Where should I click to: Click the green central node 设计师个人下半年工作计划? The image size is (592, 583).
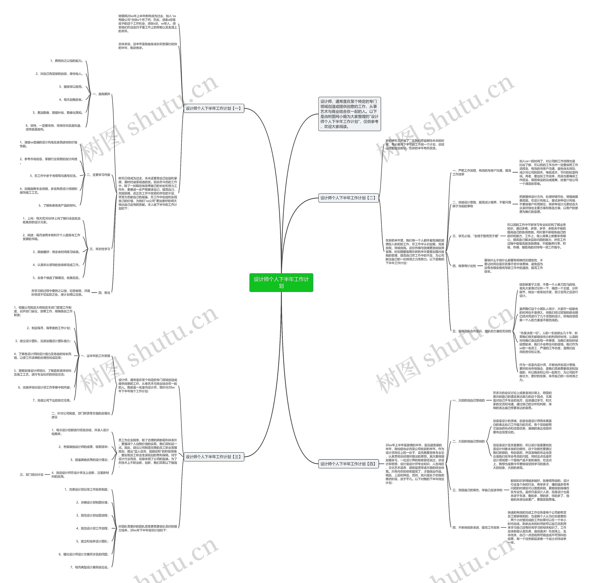tap(281, 282)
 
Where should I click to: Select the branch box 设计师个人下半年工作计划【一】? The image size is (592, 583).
tap(214, 109)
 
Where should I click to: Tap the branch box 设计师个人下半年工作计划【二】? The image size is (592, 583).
tap(348, 198)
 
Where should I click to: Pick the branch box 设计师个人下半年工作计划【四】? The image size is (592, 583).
tap(348, 464)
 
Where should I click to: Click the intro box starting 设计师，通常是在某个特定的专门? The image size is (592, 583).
tap(349, 114)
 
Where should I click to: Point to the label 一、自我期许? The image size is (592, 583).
tap(101, 94)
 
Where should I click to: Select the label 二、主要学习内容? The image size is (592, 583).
tap(98, 175)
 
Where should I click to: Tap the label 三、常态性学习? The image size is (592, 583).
tap(100, 249)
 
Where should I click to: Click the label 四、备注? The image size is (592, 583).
tap(104, 293)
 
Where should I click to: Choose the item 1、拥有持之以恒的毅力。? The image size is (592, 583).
tap(67, 61)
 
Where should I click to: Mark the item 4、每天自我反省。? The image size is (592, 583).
tap(71, 100)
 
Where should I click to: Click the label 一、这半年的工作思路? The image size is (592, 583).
tap(95, 356)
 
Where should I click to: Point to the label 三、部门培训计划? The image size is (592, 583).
tap(31, 474)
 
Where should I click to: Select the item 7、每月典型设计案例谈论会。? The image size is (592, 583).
tap(90, 567)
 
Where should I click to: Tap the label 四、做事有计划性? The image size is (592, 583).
tap(464, 266)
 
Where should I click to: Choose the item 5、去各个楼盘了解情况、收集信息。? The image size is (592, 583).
tap(57, 278)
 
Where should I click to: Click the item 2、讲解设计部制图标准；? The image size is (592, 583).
tap(92, 502)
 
